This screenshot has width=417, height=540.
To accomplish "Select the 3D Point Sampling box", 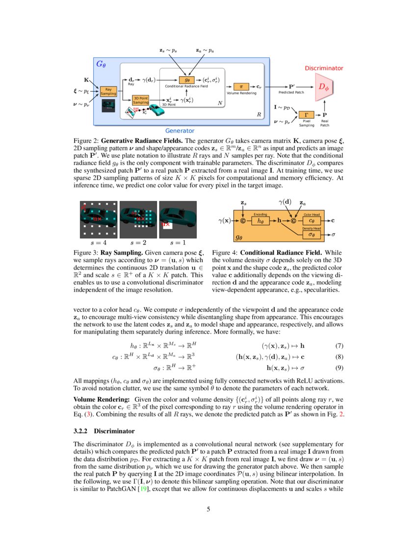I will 141,100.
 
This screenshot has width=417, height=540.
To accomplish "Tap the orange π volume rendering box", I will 240,86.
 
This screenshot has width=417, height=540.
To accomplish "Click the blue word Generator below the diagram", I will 180,131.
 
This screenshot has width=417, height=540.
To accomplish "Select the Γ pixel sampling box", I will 306,115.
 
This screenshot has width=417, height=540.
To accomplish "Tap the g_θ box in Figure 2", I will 187,80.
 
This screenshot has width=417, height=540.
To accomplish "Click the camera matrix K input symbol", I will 86,80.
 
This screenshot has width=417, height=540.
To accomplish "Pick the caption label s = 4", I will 98,243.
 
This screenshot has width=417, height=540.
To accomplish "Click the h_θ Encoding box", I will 260,221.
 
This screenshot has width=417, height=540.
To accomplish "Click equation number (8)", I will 339,356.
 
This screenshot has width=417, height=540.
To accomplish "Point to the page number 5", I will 208,509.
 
